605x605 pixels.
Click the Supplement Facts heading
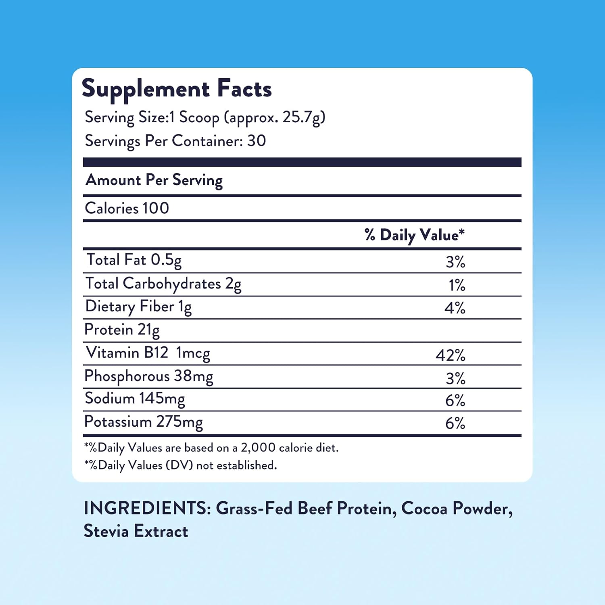pos(177,89)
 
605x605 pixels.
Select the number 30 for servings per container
pos(257,141)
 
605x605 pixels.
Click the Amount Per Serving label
pos(154,180)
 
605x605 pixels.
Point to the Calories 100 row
pos(127,208)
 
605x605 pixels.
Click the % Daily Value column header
pos(414,235)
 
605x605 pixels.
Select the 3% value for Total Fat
pos(455,262)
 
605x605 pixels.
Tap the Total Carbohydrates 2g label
pos(163,284)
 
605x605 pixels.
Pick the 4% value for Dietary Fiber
pos(455,308)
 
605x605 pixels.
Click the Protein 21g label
pos(122,330)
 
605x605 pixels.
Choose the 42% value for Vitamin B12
pos(450,355)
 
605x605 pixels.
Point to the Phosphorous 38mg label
pos(148,376)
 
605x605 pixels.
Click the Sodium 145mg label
pos(135,398)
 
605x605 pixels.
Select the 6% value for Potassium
pos(455,423)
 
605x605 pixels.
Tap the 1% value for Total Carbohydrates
pos(457,285)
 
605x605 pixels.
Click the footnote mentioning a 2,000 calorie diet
pos(211,448)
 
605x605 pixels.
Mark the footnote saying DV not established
pos(181,465)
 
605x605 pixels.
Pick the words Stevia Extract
pos(136,531)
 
